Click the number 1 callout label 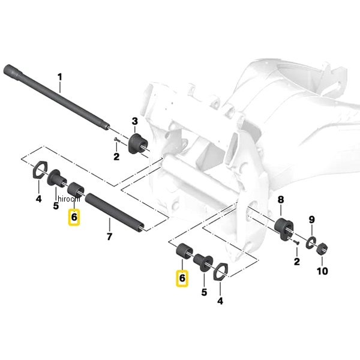(60, 77)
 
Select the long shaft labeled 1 (56, 98)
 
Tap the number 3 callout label (135, 121)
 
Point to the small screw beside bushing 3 (117, 139)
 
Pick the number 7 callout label (110, 236)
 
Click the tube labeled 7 (115, 212)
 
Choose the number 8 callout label (281, 200)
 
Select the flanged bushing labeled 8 (284, 229)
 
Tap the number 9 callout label (311, 220)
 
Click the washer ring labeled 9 (311, 242)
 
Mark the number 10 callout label (322, 271)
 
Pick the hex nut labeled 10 (322, 248)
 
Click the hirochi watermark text (69, 199)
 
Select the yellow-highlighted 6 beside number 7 (74, 217)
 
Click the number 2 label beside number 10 (296, 262)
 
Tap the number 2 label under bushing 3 (116, 157)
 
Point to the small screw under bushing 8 (296, 242)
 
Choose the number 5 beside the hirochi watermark (56, 206)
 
